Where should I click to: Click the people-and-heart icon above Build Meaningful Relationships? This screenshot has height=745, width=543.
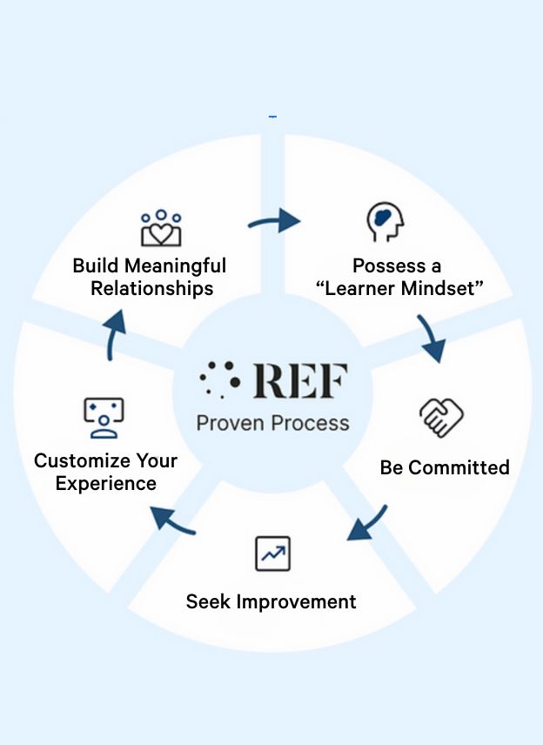pos(161,227)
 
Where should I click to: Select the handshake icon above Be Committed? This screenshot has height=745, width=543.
pos(440,417)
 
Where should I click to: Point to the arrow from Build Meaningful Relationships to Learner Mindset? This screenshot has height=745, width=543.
pos(274,222)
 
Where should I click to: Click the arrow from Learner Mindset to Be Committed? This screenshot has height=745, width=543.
pos(431,339)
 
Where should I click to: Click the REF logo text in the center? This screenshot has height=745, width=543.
pos(300,380)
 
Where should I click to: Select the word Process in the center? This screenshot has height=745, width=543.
pos(312,423)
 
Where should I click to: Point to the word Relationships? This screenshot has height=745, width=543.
pos(152,288)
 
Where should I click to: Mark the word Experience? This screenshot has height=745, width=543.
pos(106,483)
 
